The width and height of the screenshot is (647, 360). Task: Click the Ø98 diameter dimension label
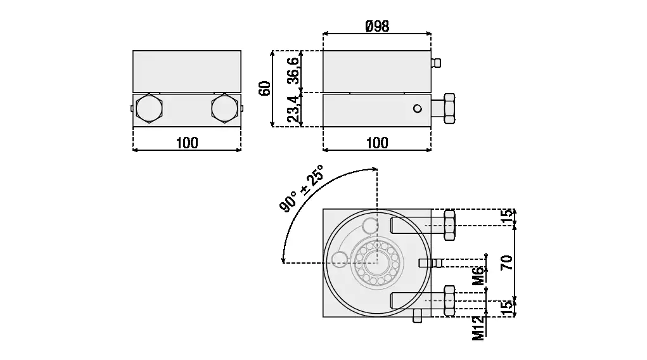point(377,26)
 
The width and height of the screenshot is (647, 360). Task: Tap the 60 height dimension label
point(264,88)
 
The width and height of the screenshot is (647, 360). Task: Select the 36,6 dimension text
point(293,70)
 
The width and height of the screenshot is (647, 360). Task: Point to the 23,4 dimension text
point(293,109)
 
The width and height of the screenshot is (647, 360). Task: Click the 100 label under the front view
point(187,143)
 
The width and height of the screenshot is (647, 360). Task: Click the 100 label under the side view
point(377,143)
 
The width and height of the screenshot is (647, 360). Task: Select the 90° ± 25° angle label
point(301,188)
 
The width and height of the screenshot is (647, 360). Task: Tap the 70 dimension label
point(507,262)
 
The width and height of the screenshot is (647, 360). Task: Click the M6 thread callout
point(478,276)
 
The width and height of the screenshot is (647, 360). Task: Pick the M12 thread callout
point(478,328)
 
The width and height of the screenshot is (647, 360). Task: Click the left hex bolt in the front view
point(149,108)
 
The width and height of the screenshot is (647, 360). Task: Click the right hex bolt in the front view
point(225,108)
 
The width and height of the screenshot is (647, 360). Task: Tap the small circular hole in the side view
point(418,108)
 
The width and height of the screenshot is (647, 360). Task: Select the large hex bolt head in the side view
point(449,108)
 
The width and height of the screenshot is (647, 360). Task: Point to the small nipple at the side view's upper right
point(436,63)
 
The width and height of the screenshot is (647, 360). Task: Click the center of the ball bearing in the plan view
point(377,262)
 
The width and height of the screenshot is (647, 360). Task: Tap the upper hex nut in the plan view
point(449,225)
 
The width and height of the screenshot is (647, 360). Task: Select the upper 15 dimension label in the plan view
point(508,217)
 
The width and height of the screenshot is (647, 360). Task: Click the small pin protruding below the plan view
point(418,316)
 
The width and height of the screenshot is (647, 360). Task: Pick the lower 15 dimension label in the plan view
point(508,308)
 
